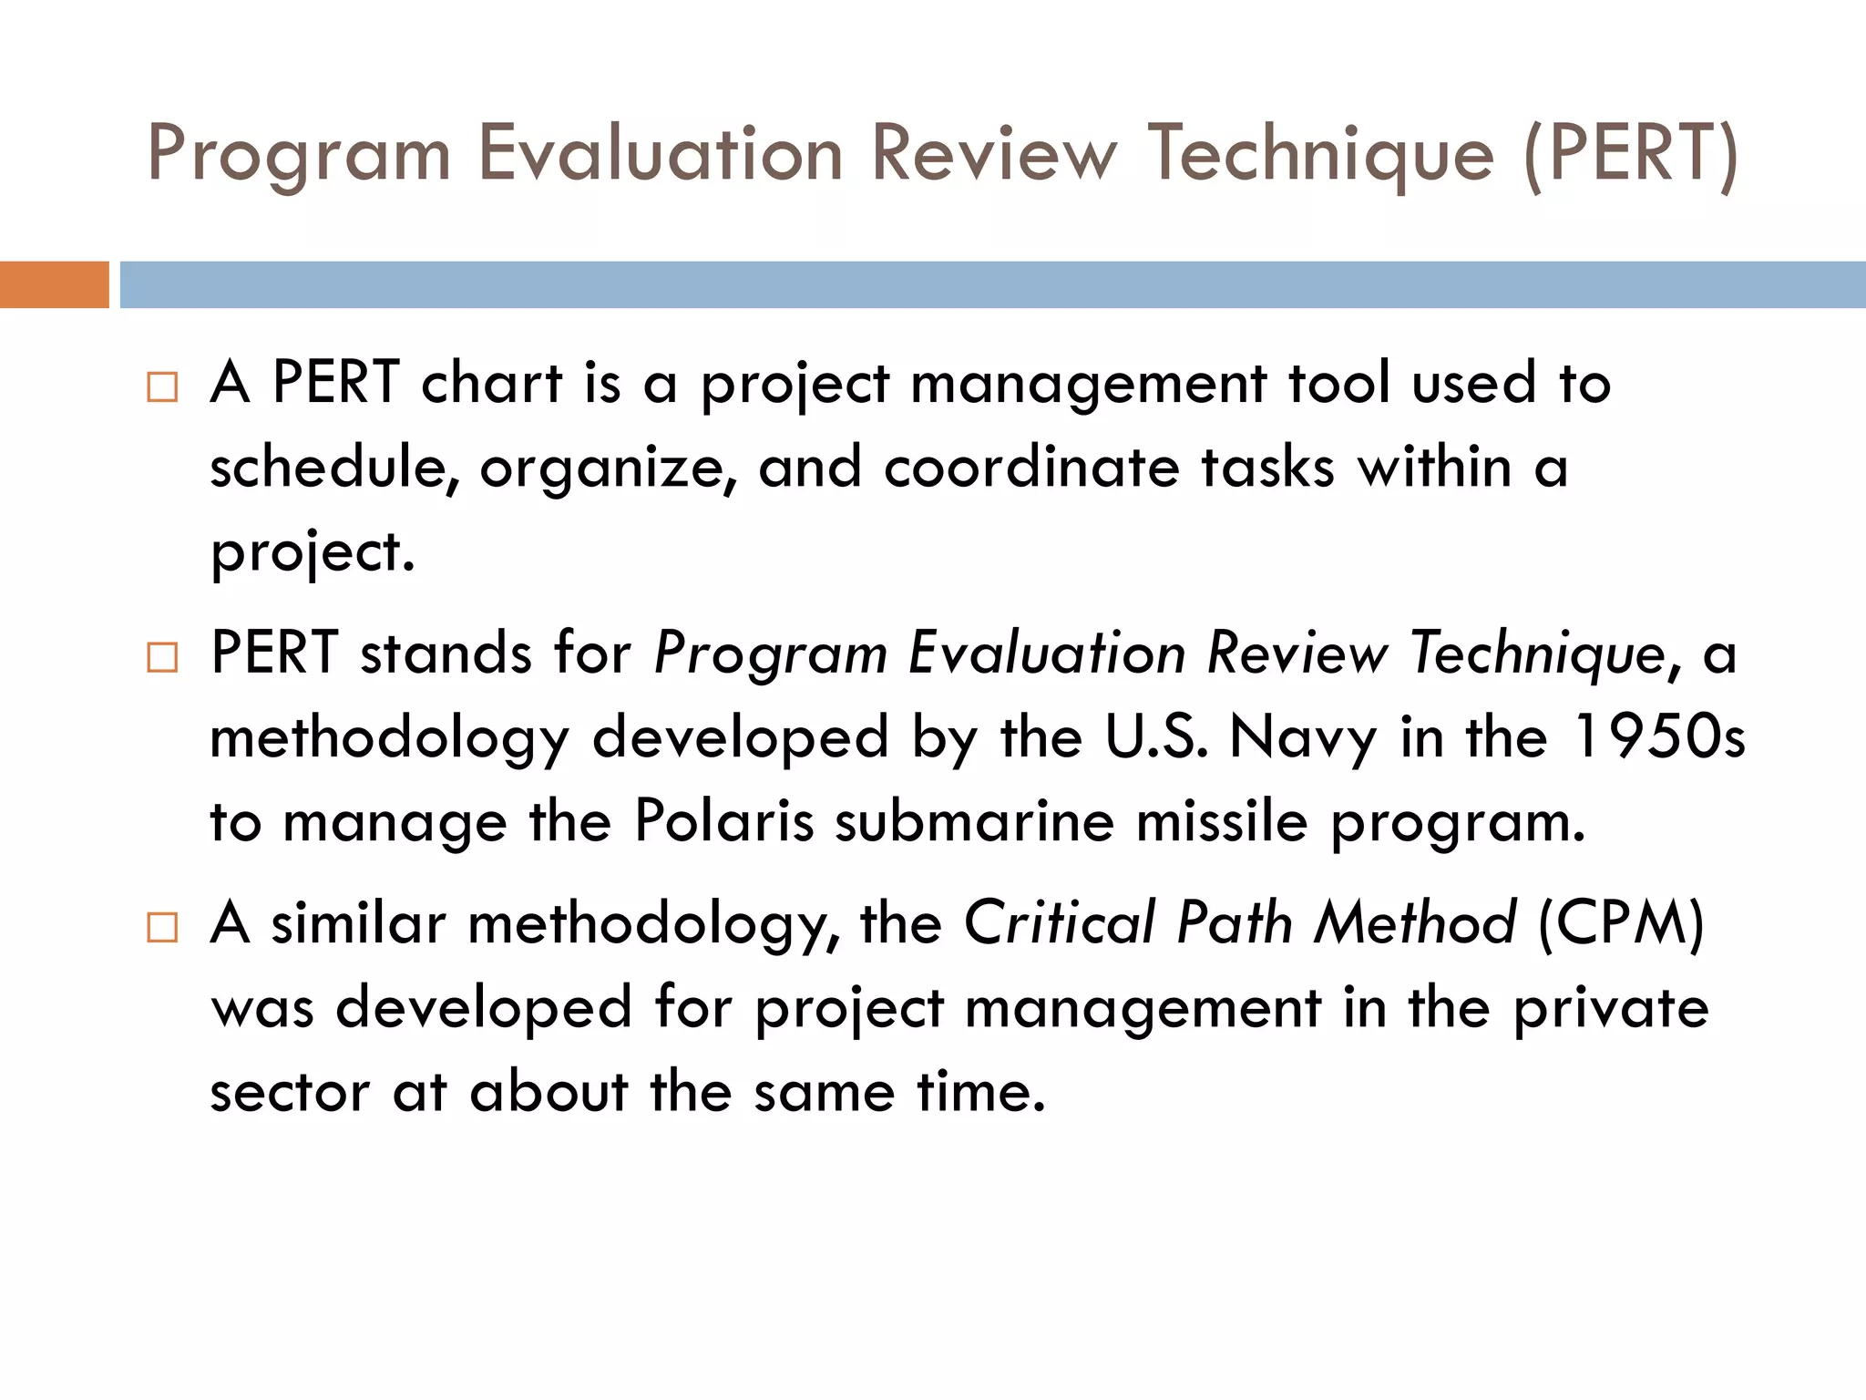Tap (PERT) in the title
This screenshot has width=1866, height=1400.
tap(1630, 153)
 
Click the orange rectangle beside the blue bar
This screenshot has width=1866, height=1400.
tap(54, 284)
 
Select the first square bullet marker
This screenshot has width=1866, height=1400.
tap(162, 386)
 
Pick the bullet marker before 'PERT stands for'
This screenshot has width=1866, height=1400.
tap(162, 657)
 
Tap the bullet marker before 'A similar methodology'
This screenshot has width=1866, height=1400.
tap(162, 927)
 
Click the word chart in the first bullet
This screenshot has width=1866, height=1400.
tap(491, 382)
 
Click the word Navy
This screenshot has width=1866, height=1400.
tap(1303, 738)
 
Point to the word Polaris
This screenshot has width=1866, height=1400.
tap(723, 820)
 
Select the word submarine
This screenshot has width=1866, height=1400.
tap(974, 820)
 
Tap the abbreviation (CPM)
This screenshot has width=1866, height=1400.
tap(1621, 922)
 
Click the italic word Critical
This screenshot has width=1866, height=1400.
tap(1059, 922)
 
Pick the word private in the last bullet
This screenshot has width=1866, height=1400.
tap(1611, 1008)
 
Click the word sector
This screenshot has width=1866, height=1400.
tap(290, 1092)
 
